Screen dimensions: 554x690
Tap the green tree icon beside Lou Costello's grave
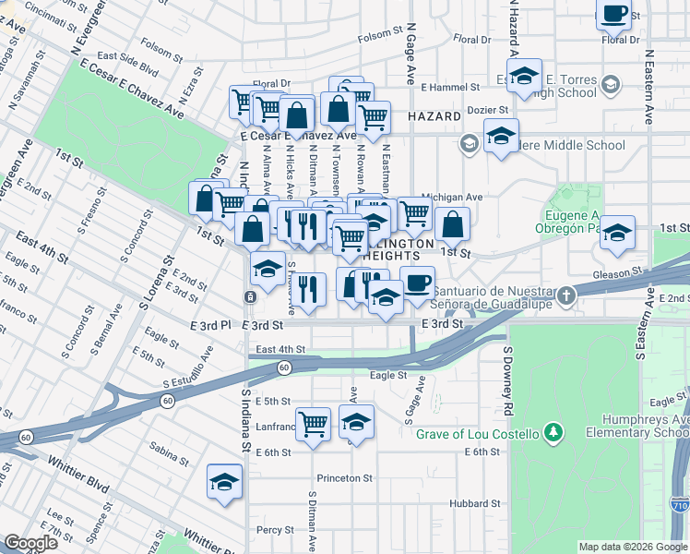pyautogui.click(x=553, y=432)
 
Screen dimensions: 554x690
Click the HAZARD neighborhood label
pyautogui.click(x=434, y=117)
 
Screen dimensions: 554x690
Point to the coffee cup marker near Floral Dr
pyautogui.click(x=613, y=14)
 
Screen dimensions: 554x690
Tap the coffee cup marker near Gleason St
pyautogui.click(x=417, y=282)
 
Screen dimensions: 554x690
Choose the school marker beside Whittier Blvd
pyautogui.click(x=224, y=481)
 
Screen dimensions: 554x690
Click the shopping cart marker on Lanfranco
pyautogui.click(x=314, y=424)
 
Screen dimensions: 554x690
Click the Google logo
pyautogui.click(x=31, y=543)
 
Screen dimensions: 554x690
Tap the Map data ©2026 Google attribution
pyautogui.click(x=633, y=547)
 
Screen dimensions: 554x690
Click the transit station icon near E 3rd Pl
pyautogui.click(x=250, y=297)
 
